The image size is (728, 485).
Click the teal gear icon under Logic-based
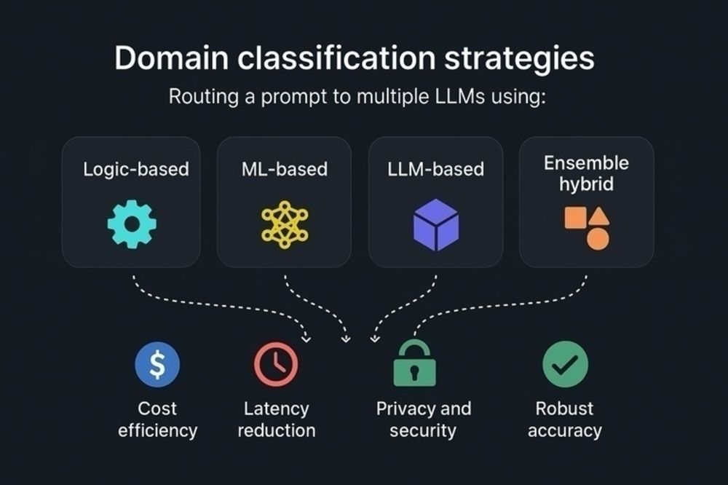click(132, 224)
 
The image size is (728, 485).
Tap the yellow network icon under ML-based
click(284, 224)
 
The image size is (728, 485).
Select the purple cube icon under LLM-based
click(435, 224)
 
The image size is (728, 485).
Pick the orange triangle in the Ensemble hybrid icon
click(599, 216)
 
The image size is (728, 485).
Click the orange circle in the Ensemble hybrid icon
click(598, 239)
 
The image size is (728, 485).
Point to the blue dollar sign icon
click(157, 364)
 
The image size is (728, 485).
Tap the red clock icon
click(276, 363)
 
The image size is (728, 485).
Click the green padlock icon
click(414, 363)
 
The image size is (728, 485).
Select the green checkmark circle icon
click(565, 363)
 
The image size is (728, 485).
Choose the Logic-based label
click(136, 170)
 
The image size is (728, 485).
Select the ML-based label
click(285, 170)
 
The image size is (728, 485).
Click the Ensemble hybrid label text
click(586, 173)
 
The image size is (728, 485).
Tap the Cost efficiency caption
click(157, 419)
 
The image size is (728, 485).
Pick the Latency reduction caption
click(277, 419)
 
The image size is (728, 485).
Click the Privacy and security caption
click(423, 419)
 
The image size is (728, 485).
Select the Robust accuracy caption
click(565, 419)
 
